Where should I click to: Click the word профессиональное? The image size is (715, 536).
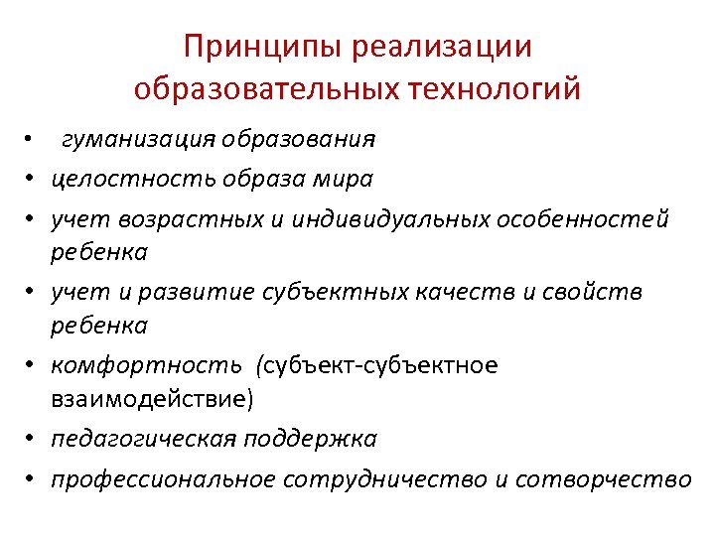tap(164, 479)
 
